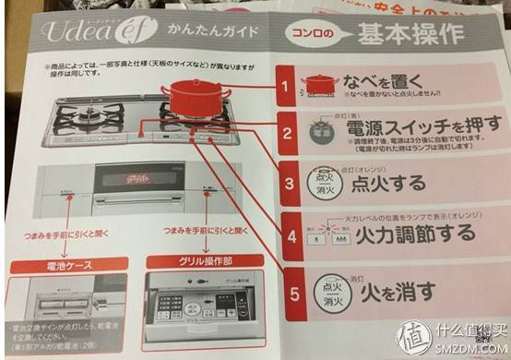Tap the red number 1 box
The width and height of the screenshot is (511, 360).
[287, 89]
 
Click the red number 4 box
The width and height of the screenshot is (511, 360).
[292, 236]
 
